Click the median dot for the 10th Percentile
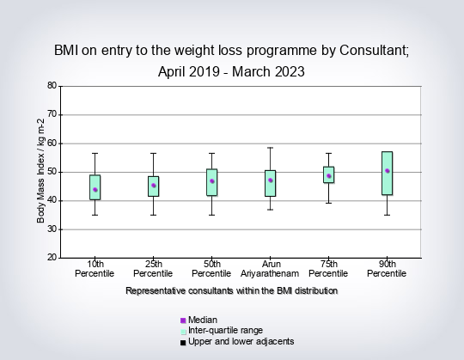(95, 190)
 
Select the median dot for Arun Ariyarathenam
(271, 180)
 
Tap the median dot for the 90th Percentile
(387, 171)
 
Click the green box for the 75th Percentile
(329, 174)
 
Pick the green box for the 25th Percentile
(153, 186)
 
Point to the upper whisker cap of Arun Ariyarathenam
(271, 148)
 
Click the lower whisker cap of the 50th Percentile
(212, 215)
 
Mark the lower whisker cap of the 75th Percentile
(329, 204)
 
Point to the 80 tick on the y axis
(60, 87)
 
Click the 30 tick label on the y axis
(52, 229)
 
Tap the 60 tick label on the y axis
(52, 143)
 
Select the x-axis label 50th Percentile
(211, 269)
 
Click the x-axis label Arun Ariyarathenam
(270, 269)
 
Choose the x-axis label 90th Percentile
(387, 269)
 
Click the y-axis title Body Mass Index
(40, 171)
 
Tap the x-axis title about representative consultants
(232, 290)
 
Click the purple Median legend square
(183, 320)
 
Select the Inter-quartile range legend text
(225, 330)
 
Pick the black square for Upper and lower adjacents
(183, 343)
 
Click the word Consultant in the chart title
(374, 51)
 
